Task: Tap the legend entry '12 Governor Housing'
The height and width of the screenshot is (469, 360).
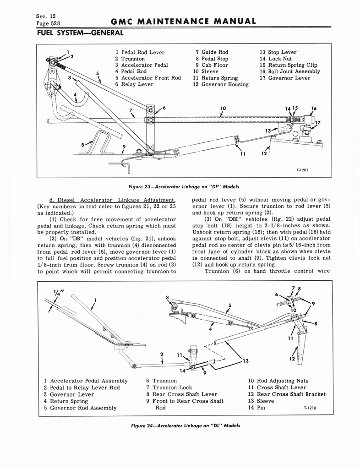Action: pos(220,84)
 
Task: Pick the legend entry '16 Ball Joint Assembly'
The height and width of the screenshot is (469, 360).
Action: pos(289,71)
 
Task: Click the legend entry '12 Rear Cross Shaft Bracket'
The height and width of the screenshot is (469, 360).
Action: pos(287,394)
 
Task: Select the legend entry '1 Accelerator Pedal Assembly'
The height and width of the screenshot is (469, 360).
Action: pos(86,381)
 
